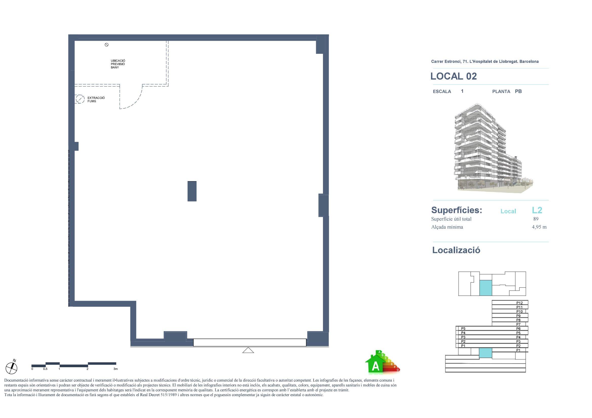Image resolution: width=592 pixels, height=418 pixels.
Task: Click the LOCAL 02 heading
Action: tap(454, 76)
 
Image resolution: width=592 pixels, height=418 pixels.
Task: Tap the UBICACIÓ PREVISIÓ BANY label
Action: tap(118, 64)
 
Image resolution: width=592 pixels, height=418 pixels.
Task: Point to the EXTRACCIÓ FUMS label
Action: tap(96, 99)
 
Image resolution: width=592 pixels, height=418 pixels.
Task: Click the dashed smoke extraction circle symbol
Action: tap(80, 99)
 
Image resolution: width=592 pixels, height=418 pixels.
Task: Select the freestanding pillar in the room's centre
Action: tap(192, 191)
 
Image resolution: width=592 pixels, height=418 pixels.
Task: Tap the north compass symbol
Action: tap(11, 367)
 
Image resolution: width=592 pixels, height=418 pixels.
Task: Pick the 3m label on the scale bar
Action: tap(115, 369)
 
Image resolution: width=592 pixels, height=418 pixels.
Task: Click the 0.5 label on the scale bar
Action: tap(45, 369)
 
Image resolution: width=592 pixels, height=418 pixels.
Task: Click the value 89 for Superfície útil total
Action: tap(536, 219)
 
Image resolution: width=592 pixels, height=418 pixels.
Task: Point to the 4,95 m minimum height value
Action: tap(539, 227)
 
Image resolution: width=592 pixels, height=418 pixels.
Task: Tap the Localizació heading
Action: tap(456, 250)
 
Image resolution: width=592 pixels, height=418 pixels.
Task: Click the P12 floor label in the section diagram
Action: tap(520, 303)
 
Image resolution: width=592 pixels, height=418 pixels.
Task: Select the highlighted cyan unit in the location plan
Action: tap(485, 288)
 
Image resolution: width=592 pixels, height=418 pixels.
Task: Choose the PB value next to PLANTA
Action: tap(518, 91)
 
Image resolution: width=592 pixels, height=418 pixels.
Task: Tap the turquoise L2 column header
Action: tap(537, 210)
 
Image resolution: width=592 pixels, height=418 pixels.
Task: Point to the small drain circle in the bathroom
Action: tap(107, 45)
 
